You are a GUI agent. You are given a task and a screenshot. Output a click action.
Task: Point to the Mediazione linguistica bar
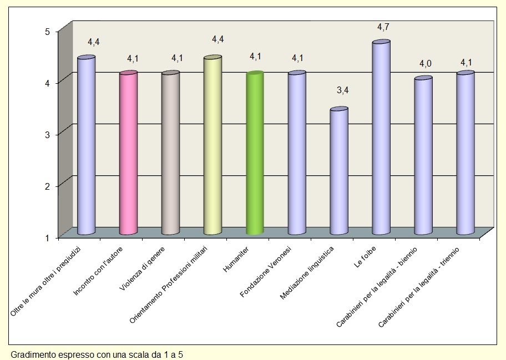coord(339,172)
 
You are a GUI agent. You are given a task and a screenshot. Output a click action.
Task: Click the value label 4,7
coord(383,27)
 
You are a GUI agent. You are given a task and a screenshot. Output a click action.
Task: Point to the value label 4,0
coord(425,64)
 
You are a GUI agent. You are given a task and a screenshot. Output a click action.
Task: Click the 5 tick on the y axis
coord(48,32)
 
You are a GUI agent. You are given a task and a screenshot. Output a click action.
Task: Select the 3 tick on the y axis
coord(48,134)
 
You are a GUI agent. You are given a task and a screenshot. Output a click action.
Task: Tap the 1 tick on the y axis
coord(48,237)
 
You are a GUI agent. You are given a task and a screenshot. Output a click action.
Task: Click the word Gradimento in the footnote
coord(31,354)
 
